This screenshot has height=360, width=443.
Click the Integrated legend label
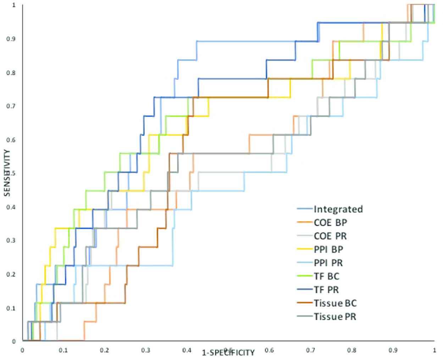coord(338,209)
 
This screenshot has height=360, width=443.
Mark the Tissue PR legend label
coord(335,316)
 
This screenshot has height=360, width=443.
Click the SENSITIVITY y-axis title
coord(7,173)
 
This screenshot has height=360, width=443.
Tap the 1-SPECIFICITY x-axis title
coord(228,353)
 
